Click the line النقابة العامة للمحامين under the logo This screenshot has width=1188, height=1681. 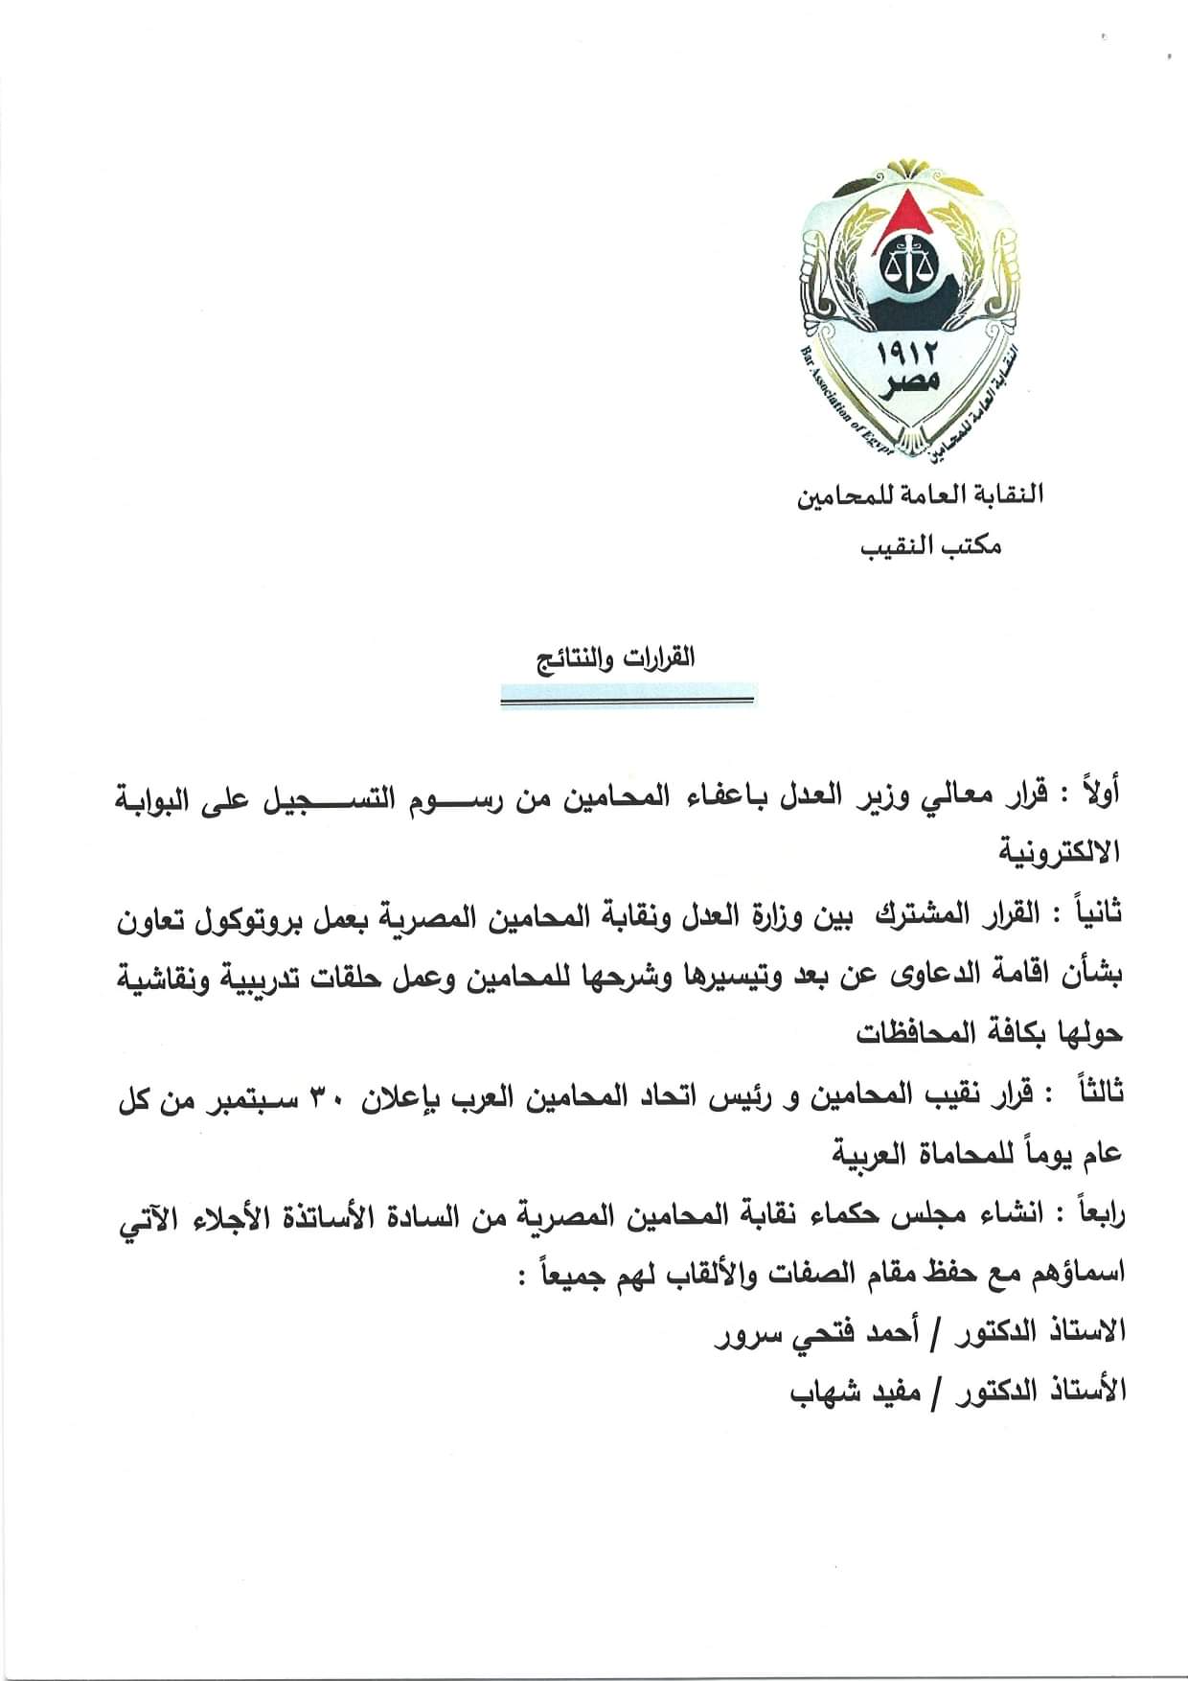[x=920, y=495]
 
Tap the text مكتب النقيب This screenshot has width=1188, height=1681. [x=929, y=547]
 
